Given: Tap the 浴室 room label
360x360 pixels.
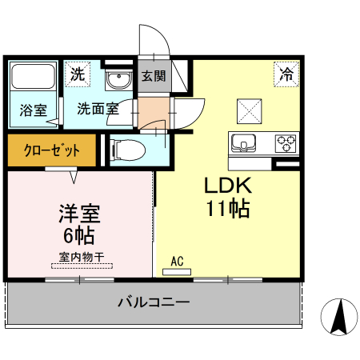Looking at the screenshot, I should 32,110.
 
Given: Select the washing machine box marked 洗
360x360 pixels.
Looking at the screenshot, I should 77,74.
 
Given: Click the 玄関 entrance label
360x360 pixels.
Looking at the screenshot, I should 154,77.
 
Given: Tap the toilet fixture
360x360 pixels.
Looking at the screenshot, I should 126,149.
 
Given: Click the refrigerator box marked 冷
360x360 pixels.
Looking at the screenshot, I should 286,74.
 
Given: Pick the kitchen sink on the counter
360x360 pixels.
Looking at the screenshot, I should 243,144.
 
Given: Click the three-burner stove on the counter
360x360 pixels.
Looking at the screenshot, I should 286,144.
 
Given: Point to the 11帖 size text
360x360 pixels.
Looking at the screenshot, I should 228,210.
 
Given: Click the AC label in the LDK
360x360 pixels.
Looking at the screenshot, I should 178,260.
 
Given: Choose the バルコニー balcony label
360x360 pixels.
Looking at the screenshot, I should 154,303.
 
